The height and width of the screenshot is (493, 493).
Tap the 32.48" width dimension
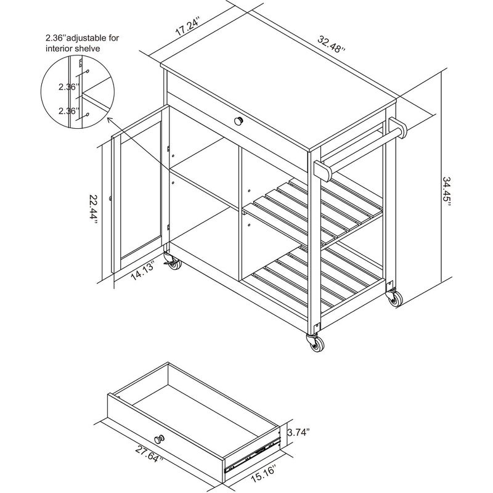pos(332,44)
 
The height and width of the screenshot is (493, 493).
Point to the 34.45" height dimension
pos(447,191)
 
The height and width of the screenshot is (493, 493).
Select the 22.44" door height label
pos(94,209)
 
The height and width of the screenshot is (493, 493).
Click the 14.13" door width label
pos(143,271)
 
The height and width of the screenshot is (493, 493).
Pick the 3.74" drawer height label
pos(298,433)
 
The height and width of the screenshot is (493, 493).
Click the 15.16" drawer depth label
pos(263,473)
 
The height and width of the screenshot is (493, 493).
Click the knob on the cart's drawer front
pos(238,120)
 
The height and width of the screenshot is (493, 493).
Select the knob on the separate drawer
pos(160,439)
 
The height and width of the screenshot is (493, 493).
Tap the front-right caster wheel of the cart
pos(316,342)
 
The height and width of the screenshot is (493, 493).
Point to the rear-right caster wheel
pos(394,298)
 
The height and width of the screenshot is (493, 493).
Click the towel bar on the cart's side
pos(361,149)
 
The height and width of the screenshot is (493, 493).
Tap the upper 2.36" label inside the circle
pos(67,87)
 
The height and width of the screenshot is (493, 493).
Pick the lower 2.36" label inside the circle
pos(67,112)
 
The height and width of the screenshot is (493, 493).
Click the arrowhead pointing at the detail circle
pos(110,120)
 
